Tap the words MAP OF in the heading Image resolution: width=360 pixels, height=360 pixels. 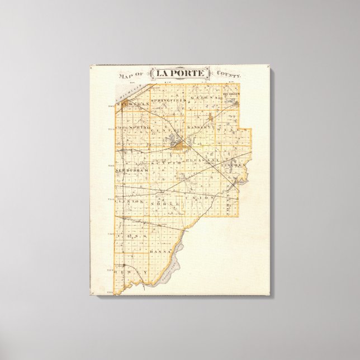127,75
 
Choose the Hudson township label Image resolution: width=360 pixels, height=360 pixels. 231,94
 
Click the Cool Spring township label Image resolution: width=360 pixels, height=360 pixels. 133,128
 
